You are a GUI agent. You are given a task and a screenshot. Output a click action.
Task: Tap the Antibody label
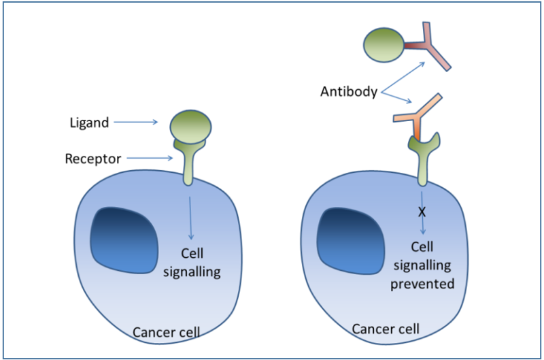tap(348, 91)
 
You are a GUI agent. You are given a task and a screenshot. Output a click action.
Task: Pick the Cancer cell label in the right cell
tap(385, 329)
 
